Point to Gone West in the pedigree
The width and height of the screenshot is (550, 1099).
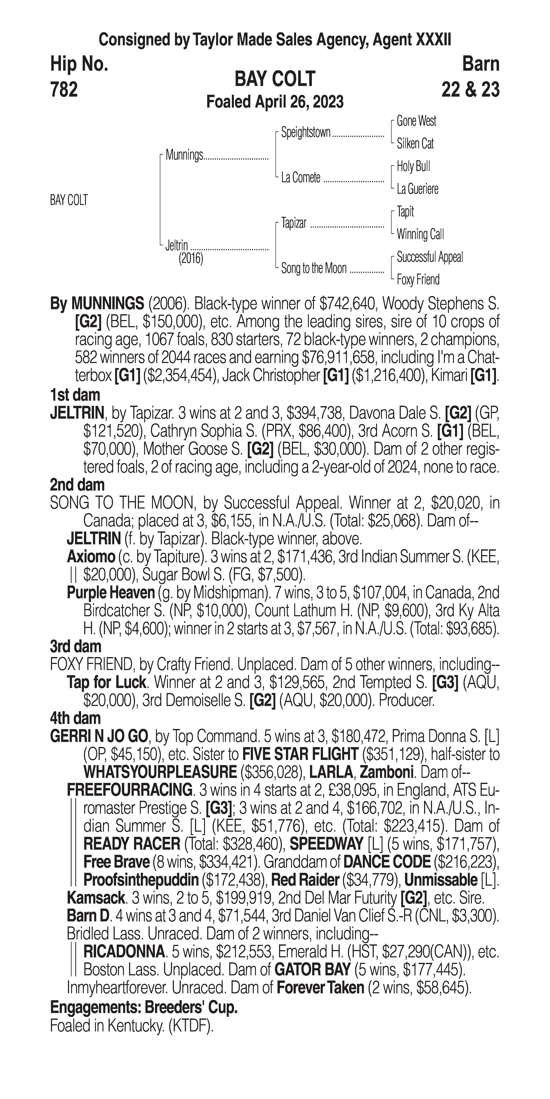coord(416,121)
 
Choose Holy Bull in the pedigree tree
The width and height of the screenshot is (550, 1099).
coord(413,166)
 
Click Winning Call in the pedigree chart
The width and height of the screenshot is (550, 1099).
coord(420,234)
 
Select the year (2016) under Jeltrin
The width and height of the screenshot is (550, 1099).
coord(191,258)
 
